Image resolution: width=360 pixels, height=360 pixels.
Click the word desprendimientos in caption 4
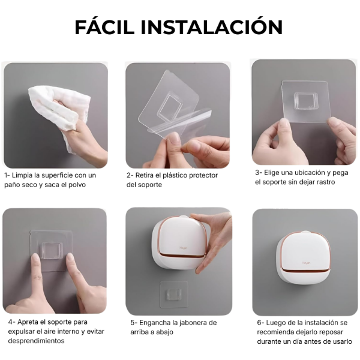[x=36, y=341]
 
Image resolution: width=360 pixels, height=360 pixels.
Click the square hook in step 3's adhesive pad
[x=304, y=101]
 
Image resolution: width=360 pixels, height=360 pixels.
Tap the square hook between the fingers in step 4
[x=51, y=251]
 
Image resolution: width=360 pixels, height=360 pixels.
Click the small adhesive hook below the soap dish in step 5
[x=174, y=294]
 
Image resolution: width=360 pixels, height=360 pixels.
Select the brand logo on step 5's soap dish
[x=184, y=248]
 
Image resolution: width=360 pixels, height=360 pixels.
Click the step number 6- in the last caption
[x=260, y=323]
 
